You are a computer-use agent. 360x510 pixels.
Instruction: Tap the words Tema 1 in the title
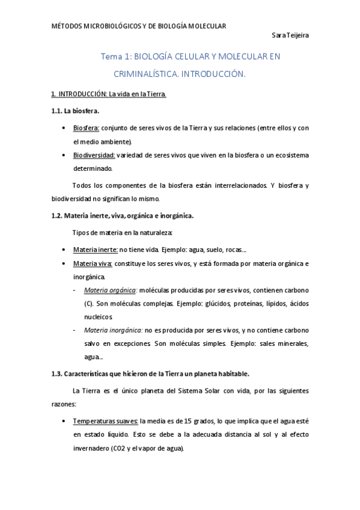pos(115,57)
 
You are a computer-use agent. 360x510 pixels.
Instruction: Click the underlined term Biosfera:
pos(86,128)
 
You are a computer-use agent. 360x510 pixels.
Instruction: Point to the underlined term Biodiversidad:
pos(94,155)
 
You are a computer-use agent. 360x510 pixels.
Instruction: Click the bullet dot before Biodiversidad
pos(64,155)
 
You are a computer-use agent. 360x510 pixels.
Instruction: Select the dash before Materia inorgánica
pos(74,330)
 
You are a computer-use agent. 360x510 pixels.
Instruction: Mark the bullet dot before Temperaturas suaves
pos(64,421)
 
